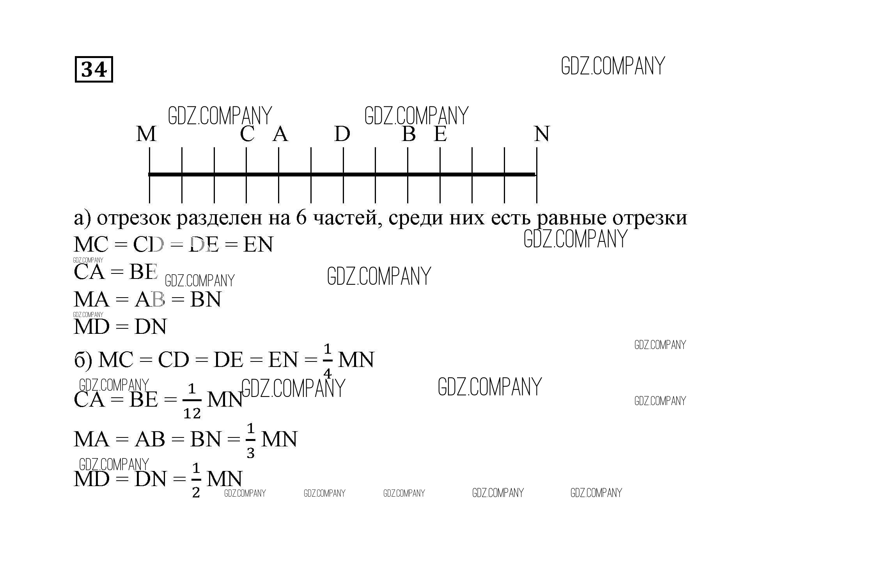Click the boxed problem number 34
tap(94, 69)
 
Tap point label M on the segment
tap(146, 134)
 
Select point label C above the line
tap(247, 134)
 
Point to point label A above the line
tap(280, 134)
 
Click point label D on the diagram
tap(342, 134)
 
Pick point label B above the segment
tap(408, 134)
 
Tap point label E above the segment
tap(440, 134)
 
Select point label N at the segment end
tap(542, 134)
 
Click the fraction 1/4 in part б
tap(328, 361)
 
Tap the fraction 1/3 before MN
tap(251, 441)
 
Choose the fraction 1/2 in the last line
tap(196, 481)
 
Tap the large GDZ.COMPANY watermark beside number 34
tap(613, 66)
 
